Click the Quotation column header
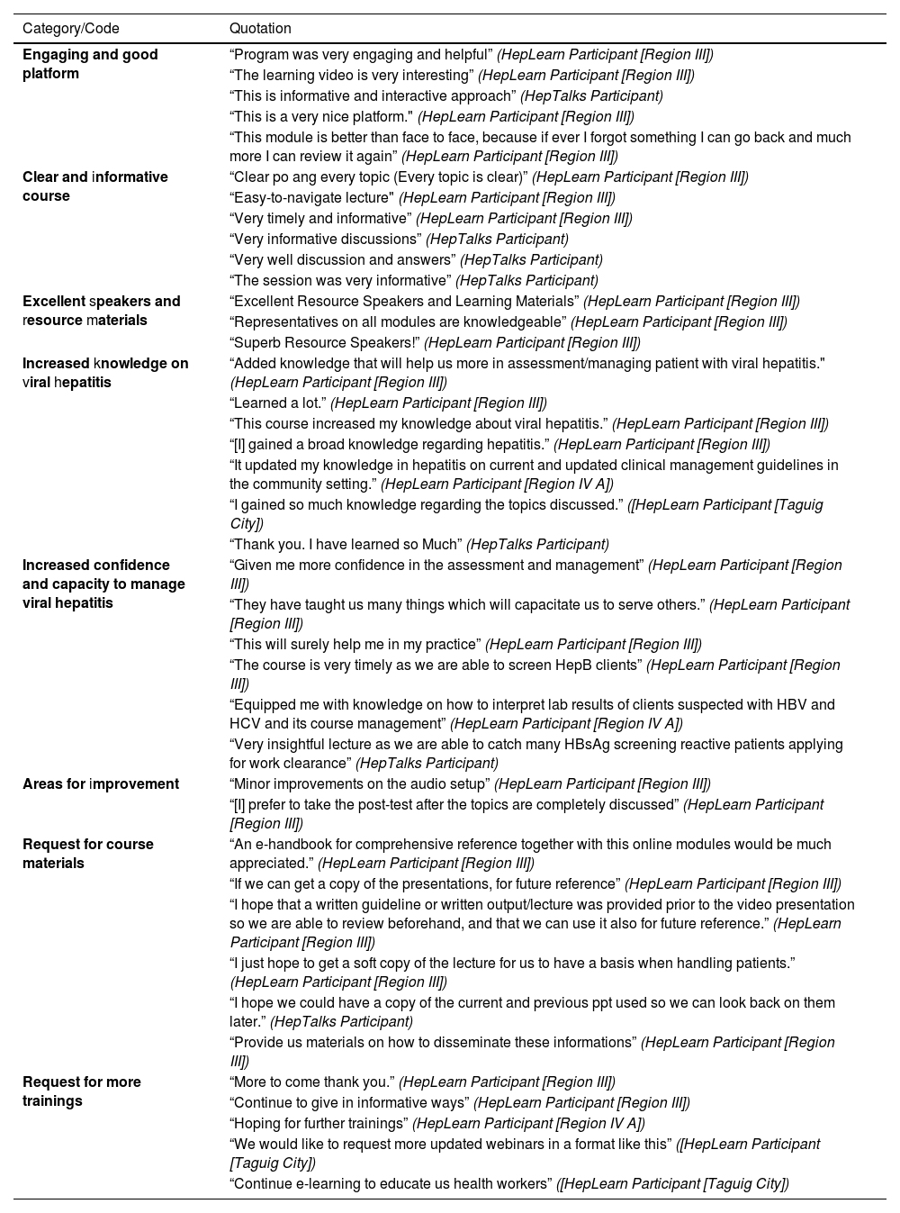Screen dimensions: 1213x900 point(260,29)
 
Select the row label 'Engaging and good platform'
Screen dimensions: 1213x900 point(90,64)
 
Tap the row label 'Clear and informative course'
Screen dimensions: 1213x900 point(94,186)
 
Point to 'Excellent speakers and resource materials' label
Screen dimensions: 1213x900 point(101,311)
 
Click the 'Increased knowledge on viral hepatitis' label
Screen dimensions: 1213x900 point(105,373)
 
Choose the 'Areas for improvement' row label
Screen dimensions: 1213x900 point(100,784)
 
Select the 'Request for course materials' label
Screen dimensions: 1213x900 point(87,854)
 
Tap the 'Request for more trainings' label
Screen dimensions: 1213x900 point(81,1091)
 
